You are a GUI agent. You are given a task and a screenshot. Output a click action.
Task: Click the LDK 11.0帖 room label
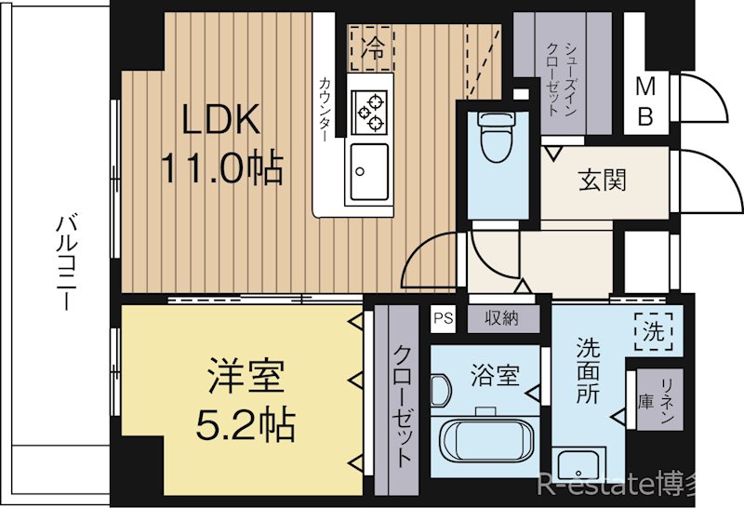click(220, 144)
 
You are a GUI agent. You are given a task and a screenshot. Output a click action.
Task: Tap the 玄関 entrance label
click(602, 179)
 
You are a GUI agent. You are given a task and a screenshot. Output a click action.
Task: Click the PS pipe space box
click(443, 318)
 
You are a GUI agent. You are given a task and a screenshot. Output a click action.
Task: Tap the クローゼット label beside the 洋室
click(403, 406)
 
